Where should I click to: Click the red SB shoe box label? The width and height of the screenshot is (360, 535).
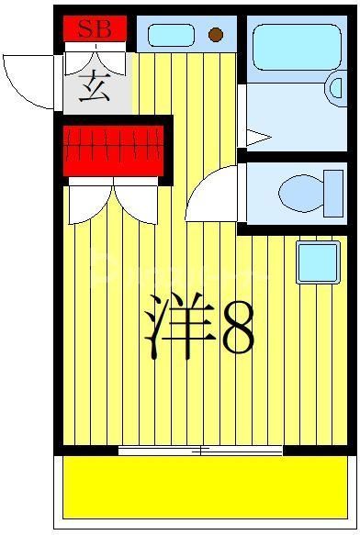(x=94, y=29)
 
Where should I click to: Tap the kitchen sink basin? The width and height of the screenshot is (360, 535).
(x=171, y=36)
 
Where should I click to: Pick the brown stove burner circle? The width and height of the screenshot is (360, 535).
(x=216, y=36)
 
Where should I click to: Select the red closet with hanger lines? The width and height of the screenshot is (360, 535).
(x=113, y=148)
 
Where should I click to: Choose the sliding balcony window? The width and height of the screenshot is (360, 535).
(x=201, y=451)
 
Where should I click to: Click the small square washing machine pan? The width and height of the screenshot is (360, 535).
(x=318, y=262)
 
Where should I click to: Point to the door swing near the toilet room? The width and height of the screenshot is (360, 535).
(x=214, y=196)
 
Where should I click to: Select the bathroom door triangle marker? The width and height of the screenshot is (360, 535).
(x=256, y=139)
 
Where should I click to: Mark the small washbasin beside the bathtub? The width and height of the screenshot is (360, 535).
(x=336, y=90)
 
